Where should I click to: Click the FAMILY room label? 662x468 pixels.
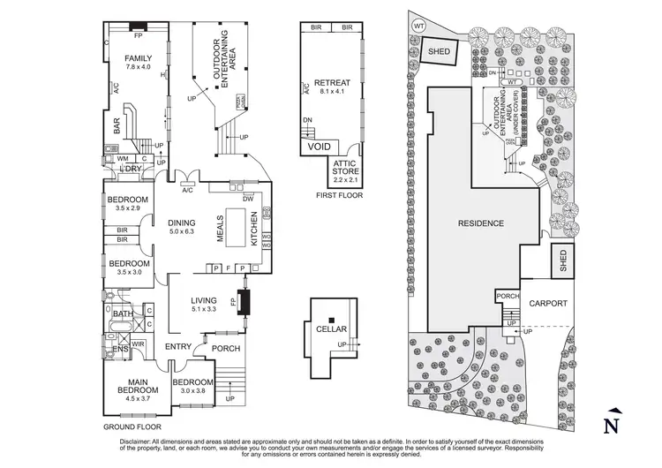coord(139,58)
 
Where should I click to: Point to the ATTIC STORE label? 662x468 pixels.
coord(344,167)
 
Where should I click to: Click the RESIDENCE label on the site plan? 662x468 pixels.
coord(480,223)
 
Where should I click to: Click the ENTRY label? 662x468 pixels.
coord(177,347)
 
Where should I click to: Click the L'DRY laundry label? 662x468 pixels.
coord(132,169)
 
